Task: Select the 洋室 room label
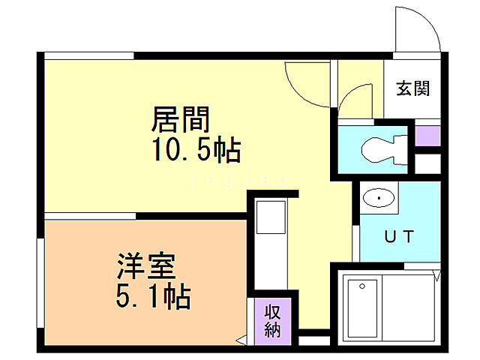(145, 268)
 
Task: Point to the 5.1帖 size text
(152, 297)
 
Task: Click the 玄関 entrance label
(412, 88)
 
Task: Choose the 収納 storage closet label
(272, 319)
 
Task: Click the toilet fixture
(382, 148)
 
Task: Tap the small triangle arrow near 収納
(240, 341)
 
